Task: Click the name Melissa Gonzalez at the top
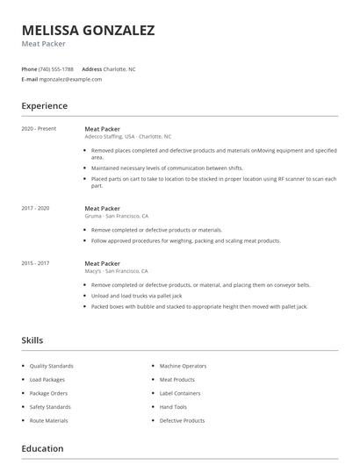coord(88,30)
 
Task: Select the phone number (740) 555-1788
coord(57,68)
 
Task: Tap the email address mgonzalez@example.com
coord(71,79)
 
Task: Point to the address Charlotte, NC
coord(120,68)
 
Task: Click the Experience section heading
coord(44,106)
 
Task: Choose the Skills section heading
coord(32,340)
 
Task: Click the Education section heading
coord(42,448)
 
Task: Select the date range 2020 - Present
coord(39,129)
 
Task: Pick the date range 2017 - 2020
coord(35,208)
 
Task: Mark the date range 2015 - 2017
coord(35,263)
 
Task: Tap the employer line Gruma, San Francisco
coord(117,216)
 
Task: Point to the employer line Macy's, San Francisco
coord(116,271)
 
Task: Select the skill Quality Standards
coord(51,366)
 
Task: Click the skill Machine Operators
coord(182,366)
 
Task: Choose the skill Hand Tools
coord(173,407)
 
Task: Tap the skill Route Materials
coord(48,420)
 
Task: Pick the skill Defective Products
coord(182,420)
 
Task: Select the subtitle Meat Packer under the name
coord(44,44)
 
